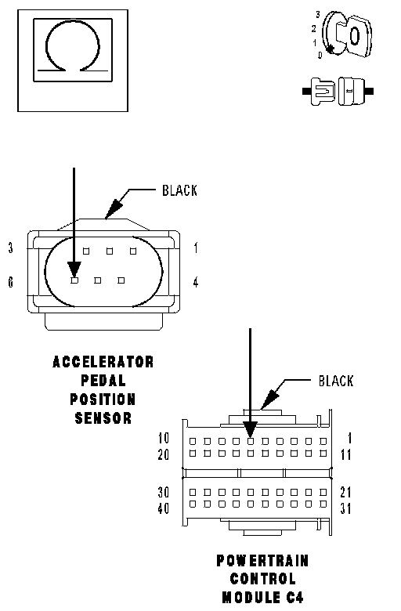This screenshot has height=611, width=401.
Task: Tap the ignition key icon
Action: coord(345,35)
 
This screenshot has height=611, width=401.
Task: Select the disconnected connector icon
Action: coord(338,92)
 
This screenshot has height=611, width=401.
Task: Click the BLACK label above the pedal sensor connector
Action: coord(179,190)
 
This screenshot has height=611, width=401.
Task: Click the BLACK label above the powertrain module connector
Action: coord(336,381)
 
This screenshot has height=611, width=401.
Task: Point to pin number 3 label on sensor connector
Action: coord(11,248)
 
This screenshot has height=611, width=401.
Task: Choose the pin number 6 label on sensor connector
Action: coord(10,282)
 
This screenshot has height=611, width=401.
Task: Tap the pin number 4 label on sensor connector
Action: coord(196,282)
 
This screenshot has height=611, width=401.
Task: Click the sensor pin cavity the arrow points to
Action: coord(74,280)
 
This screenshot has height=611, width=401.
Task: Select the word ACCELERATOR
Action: coord(103,362)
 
